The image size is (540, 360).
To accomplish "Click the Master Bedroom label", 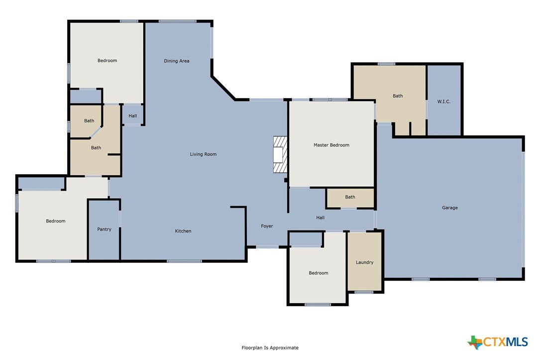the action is point(331,145).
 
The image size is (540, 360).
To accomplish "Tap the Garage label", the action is point(450,208).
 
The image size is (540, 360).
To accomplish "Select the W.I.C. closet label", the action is point(443,102).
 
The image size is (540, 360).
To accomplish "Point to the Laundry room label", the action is point(364,262).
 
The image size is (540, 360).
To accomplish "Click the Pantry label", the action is point(104,230).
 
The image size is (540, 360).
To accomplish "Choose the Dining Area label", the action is point(176,61).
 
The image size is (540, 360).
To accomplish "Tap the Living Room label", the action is point(203,154).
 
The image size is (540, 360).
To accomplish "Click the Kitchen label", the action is point(183,231).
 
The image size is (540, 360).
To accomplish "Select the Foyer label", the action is point(267,227).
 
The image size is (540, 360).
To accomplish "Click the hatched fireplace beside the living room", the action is point(280,154).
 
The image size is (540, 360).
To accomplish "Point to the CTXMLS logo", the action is point(497,342).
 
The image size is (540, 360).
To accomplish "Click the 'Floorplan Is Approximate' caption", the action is point(270,348).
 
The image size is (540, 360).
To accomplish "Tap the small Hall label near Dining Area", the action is point(132,116).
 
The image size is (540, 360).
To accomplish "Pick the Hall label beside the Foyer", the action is point(321,218).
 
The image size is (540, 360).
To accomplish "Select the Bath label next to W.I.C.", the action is point(398,96).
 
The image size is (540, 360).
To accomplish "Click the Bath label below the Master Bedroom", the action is point(350,197).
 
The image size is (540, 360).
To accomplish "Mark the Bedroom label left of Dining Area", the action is point(107,61).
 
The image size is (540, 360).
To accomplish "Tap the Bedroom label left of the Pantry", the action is point(55,221).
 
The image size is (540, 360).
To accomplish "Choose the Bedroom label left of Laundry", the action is point(318,273).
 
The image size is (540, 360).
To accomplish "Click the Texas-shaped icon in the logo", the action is point(475,343).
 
